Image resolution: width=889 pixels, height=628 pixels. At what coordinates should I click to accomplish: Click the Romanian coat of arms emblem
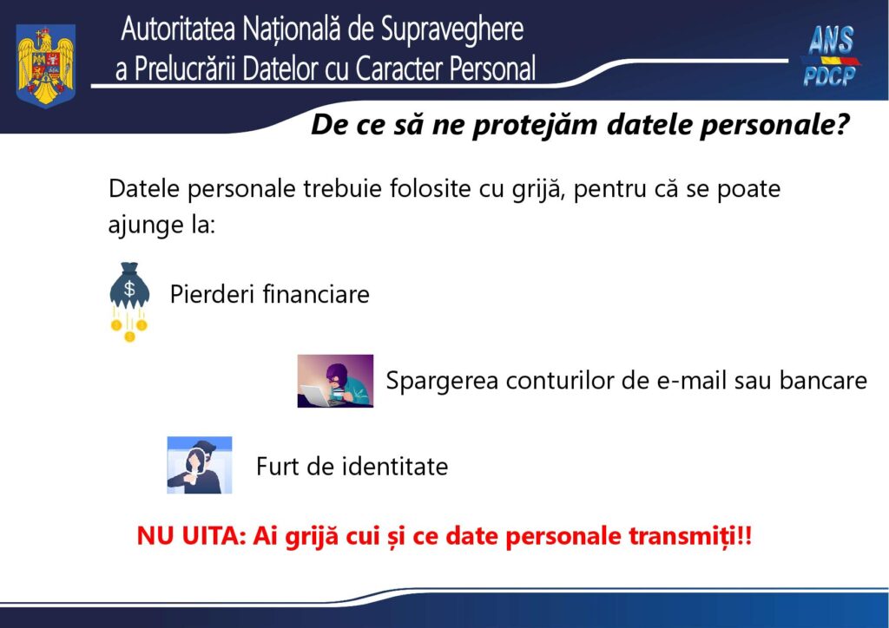pyautogui.click(x=46, y=65)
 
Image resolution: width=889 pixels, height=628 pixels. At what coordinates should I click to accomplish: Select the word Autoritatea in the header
pyautogui.click(x=177, y=30)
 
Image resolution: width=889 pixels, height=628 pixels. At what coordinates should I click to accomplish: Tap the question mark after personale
pyautogui.click(x=840, y=126)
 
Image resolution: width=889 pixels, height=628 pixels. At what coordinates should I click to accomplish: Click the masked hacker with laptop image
pyautogui.click(x=335, y=381)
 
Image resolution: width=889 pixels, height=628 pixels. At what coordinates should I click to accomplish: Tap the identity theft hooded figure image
pyautogui.click(x=200, y=465)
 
